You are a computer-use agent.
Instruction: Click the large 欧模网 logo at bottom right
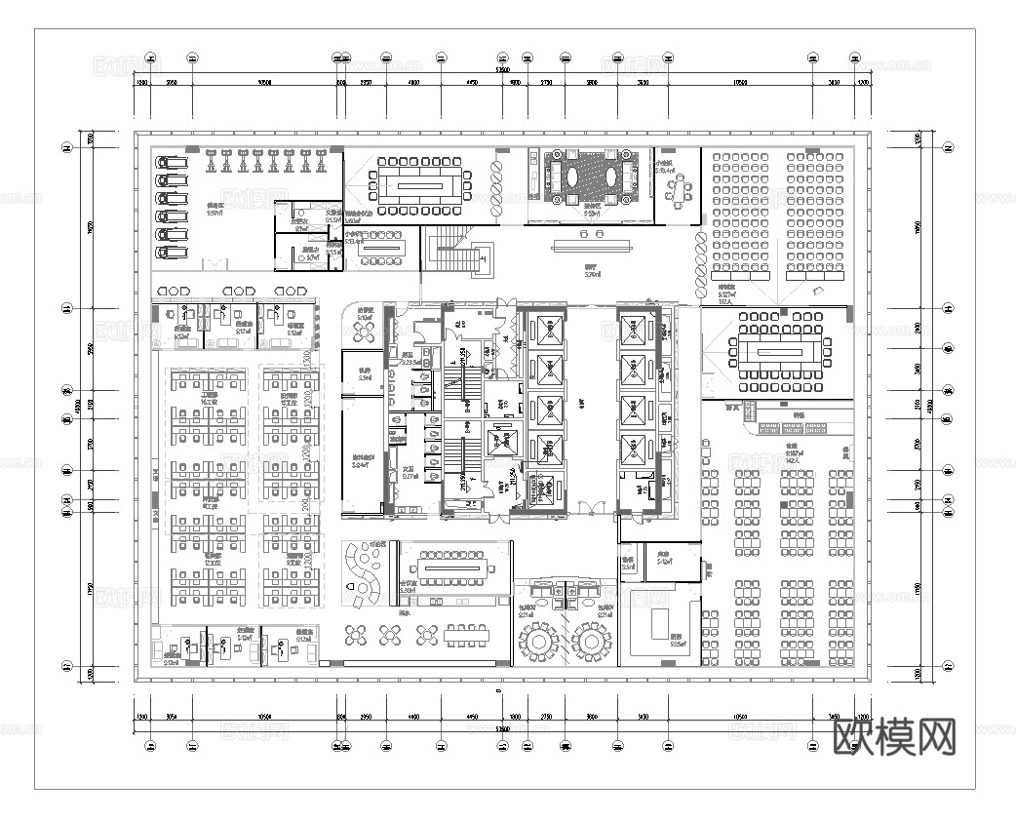point(895,737)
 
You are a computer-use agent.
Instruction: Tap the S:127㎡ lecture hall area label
point(727,295)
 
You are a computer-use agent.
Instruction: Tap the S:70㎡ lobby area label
point(591,275)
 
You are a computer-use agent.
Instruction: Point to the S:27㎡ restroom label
point(409,477)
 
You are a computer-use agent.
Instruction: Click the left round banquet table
point(537,642)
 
